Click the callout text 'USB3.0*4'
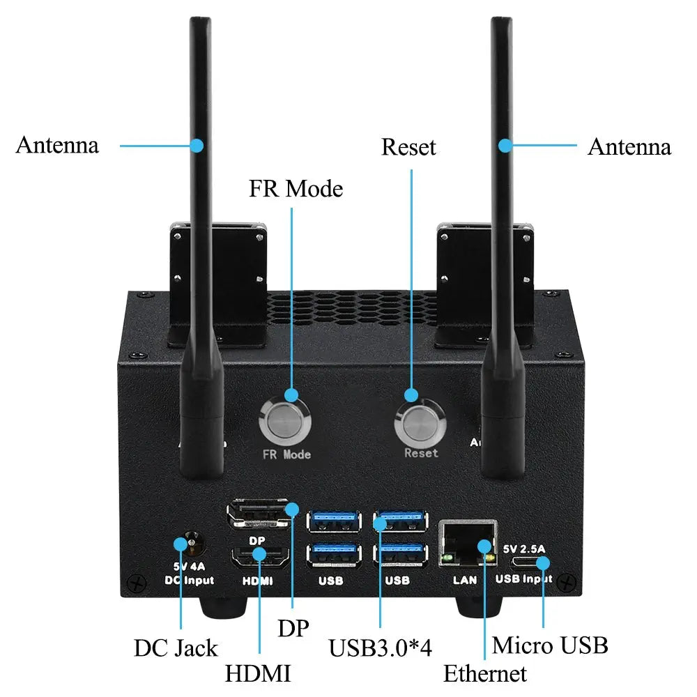click(381, 648)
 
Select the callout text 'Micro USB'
click(550, 645)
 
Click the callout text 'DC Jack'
click(176, 648)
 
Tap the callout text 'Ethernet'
click(485, 674)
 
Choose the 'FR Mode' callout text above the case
click(296, 189)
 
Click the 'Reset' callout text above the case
click(408, 148)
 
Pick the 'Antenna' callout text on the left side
click(57, 146)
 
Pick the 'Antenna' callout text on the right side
click(629, 147)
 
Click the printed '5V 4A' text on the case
click(187, 566)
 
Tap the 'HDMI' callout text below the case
click(257, 674)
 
